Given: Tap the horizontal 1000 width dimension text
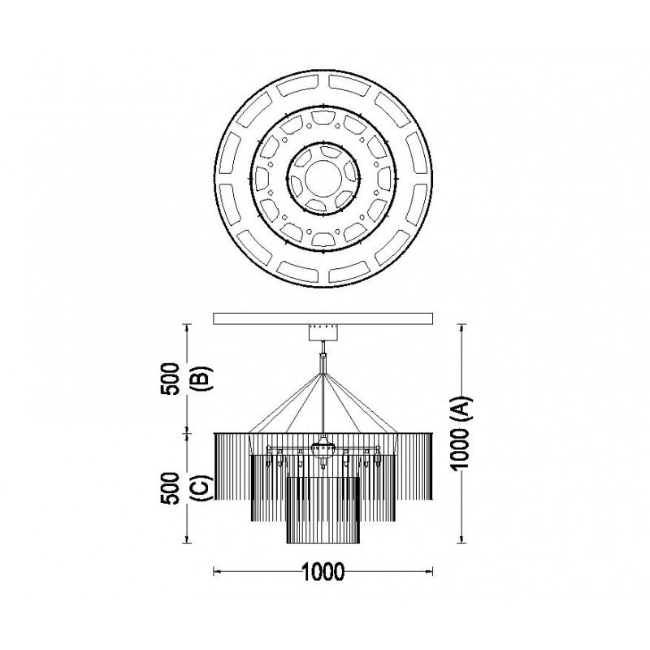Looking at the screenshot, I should click(323, 572).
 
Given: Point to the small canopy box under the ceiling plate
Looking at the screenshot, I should click(325, 332).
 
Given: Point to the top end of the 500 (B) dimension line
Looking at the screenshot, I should click(188, 325).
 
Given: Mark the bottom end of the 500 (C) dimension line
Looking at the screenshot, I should click(188, 542).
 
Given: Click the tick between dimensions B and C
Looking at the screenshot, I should click(188, 433).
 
